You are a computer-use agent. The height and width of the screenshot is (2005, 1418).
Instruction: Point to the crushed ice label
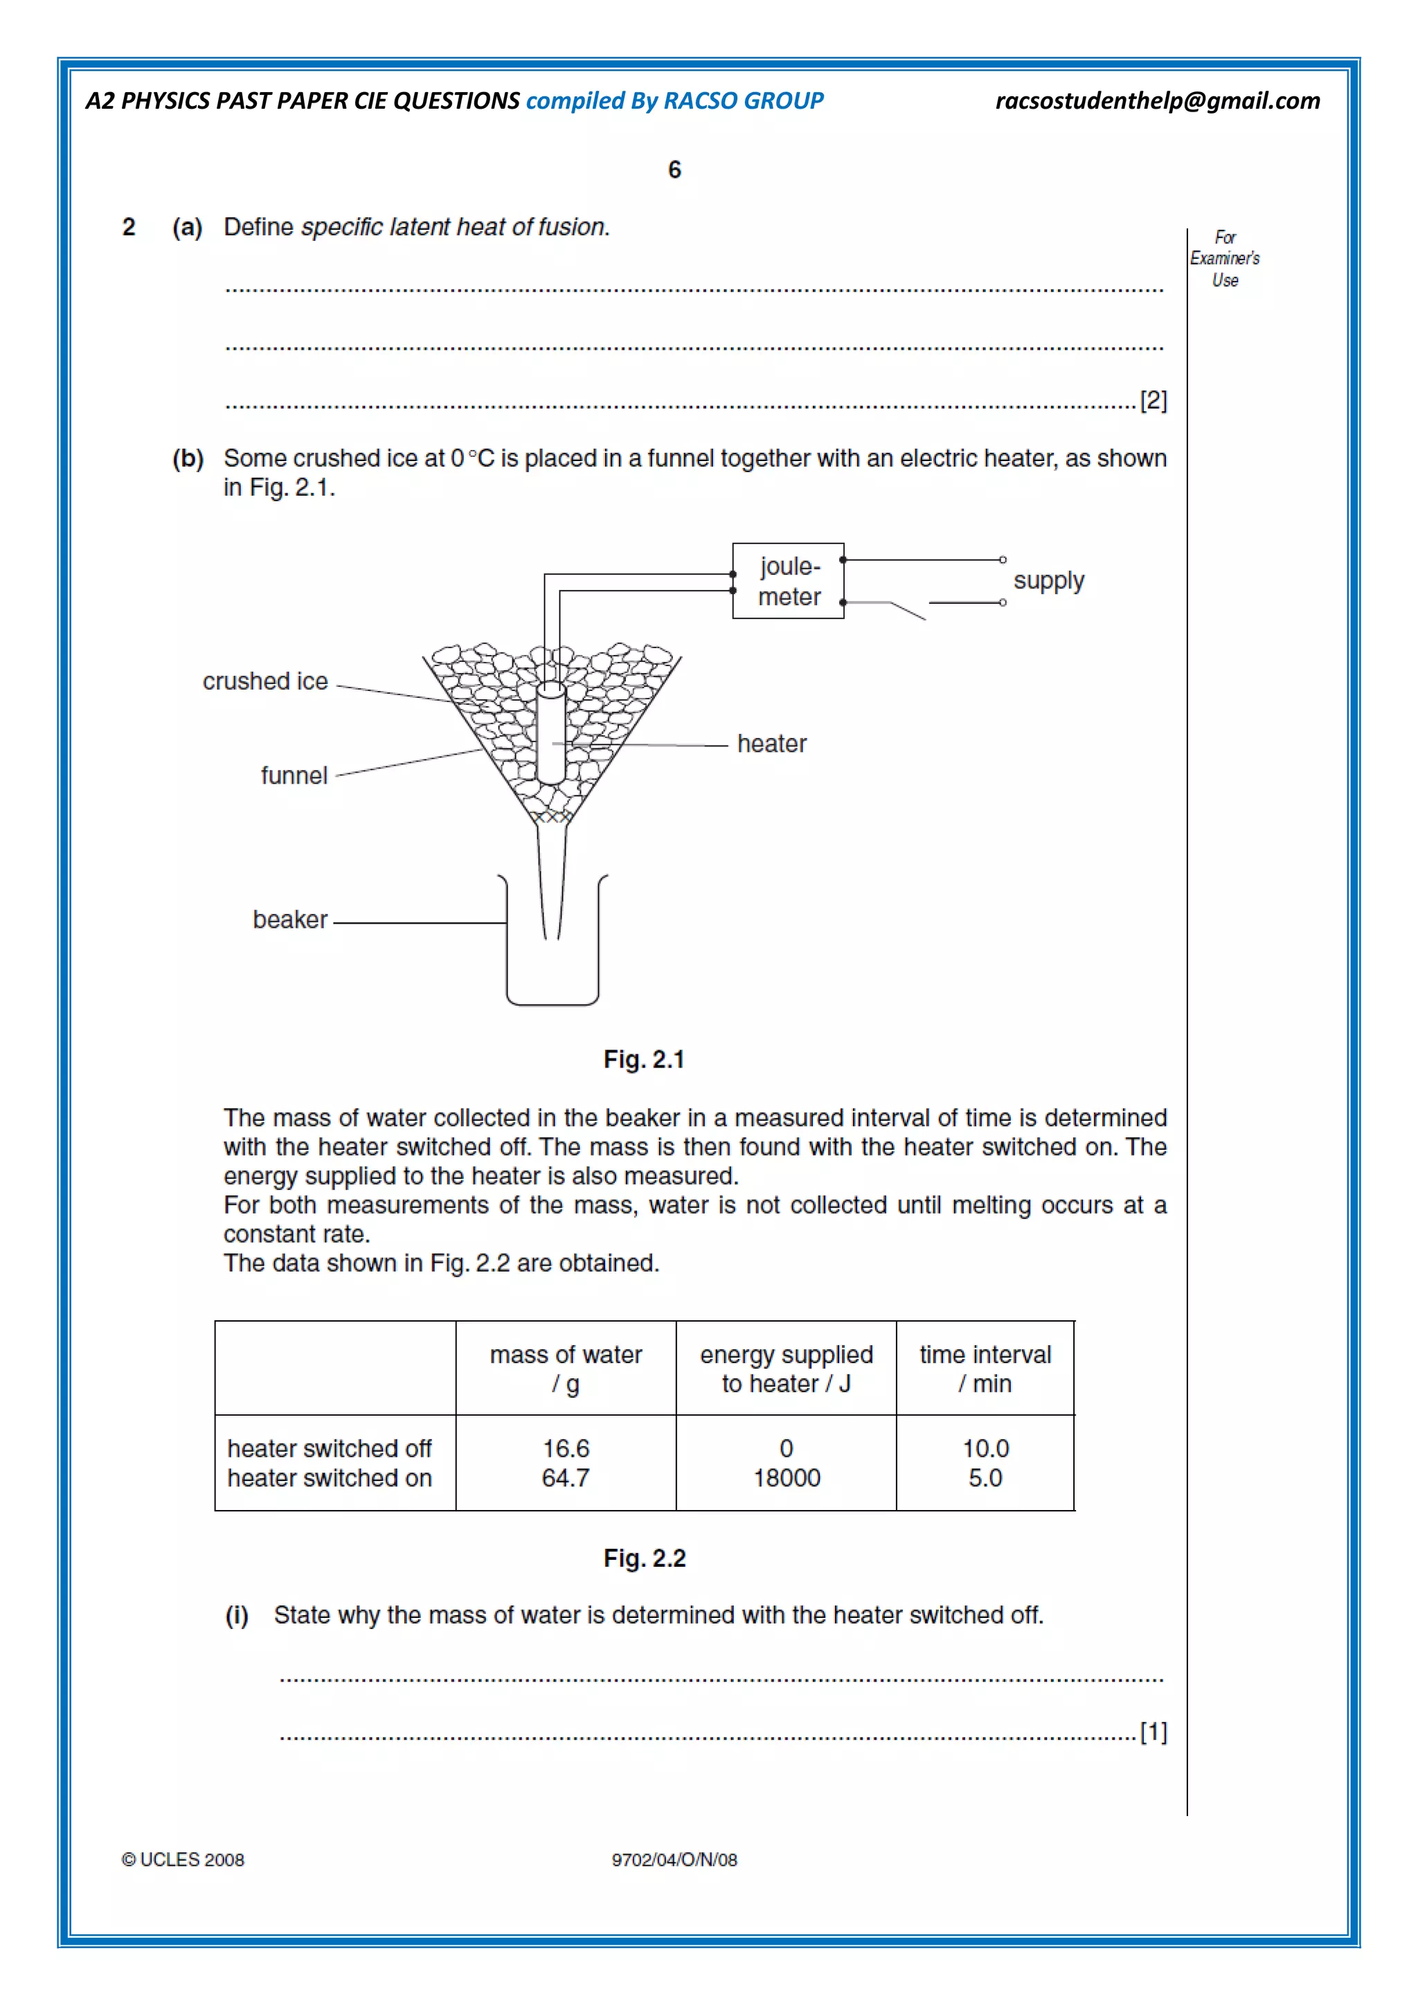coord(264,681)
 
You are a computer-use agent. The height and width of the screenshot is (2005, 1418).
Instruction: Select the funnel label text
coord(294,775)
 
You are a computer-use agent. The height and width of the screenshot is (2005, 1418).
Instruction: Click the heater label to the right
coord(771,744)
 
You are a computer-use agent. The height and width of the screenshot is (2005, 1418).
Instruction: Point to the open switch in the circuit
coord(908,609)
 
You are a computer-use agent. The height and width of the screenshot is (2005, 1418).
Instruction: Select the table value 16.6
coord(566,1449)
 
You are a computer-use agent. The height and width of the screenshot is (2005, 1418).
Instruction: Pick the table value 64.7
coord(566,1478)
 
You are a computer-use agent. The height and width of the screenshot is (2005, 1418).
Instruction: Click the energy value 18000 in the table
coord(786,1478)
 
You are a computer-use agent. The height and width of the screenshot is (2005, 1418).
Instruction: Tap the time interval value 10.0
coord(985,1449)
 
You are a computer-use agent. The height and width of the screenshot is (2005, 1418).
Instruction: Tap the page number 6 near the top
coord(674,170)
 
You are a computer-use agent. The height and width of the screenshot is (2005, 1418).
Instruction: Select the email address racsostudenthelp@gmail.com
coord(1157,101)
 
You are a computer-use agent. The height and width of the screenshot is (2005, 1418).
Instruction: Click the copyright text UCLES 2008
coord(183,1860)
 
